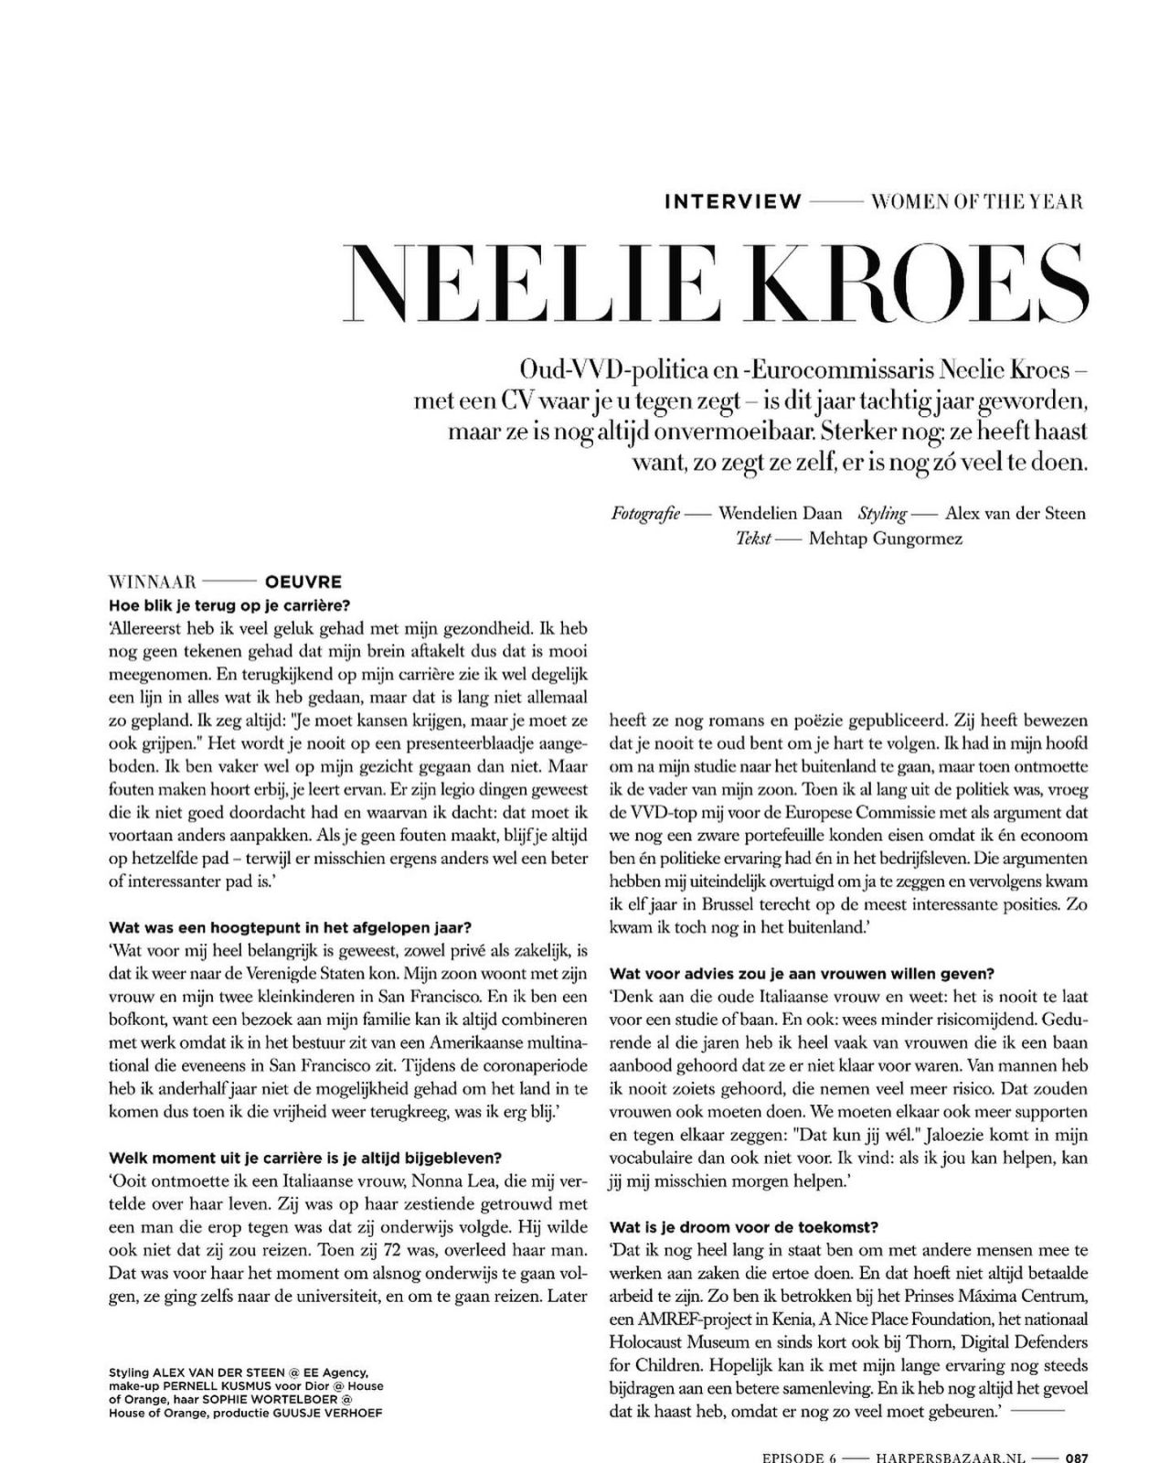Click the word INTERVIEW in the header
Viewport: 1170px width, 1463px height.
pyautogui.click(x=732, y=201)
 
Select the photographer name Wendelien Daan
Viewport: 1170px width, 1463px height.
pyautogui.click(x=781, y=513)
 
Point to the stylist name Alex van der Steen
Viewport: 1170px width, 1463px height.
pyautogui.click(x=1016, y=513)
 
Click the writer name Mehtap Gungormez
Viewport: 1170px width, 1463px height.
pyautogui.click(x=885, y=539)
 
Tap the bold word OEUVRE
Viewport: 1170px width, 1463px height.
pyautogui.click(x=303, y=582)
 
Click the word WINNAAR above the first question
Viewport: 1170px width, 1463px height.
pyautogui.click(x=153, y=582)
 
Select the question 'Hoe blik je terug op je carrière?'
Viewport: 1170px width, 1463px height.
pyautogui.click(x=229, y=605)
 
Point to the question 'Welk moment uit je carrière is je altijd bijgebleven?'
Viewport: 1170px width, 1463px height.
pyautogui.click(x=304, y=1158)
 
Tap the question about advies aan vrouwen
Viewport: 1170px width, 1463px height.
pyautogui.click(x=802, y=973)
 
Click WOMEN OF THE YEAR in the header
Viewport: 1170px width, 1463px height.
pyautogui.click(x=977, y=201)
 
